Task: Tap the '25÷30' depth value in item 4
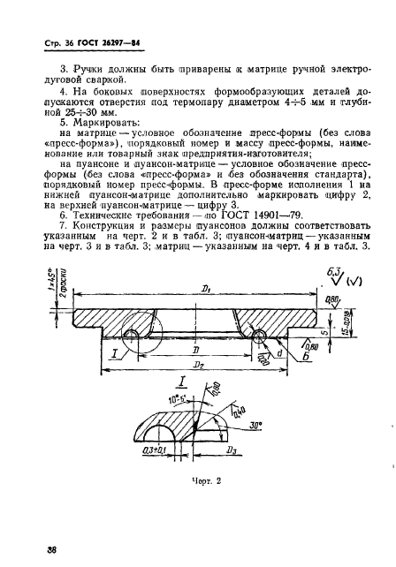click(83, 113)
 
